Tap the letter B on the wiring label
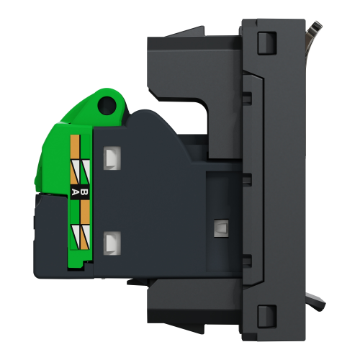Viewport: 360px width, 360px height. click(84, 192)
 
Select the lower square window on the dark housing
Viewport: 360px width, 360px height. click(110, 243)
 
